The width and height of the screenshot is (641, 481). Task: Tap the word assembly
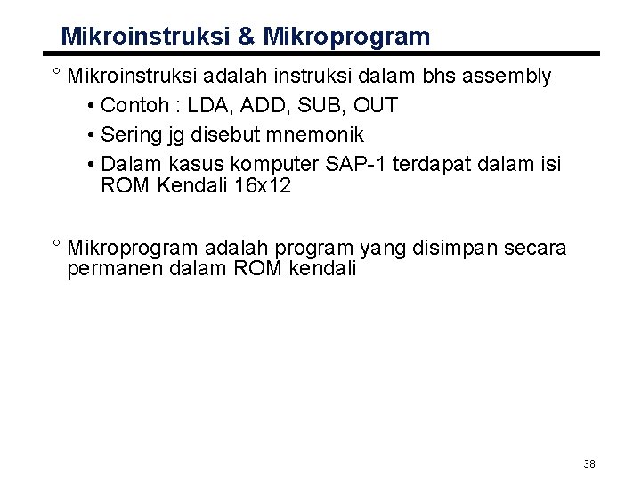pyautogui.click(x=508, y=77)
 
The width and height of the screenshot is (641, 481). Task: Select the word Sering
pyautogui.click(x=131, y=135)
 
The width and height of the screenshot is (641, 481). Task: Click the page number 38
pyautogui.click(x=588, y=463)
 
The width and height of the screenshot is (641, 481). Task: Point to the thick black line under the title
pyautogui.click(x=320, y=53)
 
